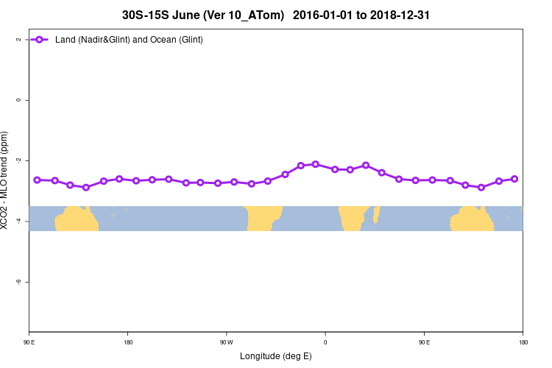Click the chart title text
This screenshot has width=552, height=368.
click(276, 14)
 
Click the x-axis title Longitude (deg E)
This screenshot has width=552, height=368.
click(276, 356)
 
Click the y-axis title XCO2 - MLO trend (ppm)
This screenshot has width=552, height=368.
click(6, 180)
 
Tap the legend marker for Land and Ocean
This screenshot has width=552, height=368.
click(41, 40)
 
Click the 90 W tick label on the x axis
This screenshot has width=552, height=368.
click(226, 342)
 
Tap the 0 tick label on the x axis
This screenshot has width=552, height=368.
click(325, 342)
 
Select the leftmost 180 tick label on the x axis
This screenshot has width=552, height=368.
click(127, 342)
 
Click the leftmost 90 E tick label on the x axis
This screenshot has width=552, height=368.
click(29, 342)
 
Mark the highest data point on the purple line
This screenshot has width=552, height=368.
click(316, 164)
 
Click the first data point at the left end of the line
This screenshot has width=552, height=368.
click(38, 180)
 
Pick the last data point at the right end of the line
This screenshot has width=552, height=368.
click(514, 179)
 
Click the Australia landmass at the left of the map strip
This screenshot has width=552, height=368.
click(79, 219)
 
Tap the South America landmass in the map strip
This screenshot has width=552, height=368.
click(263, 218)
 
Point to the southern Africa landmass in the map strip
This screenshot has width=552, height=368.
click(353, 218)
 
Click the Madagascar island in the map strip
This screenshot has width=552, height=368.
click(376, 214)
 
